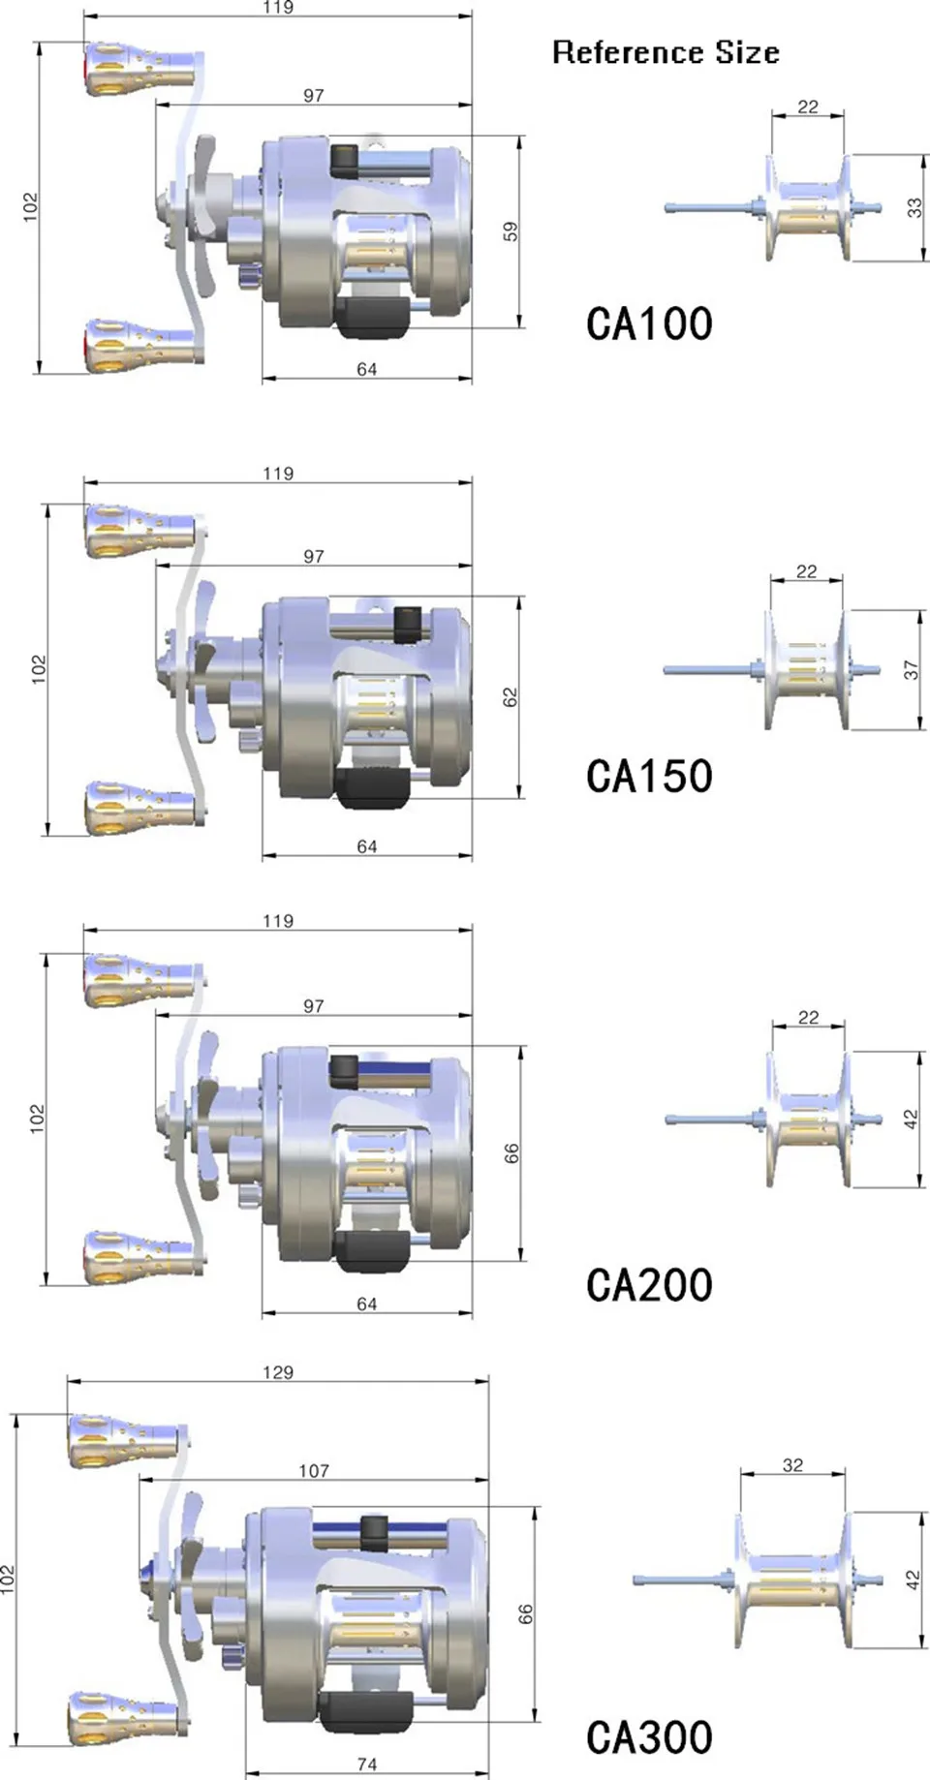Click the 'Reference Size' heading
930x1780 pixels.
pyautogui.click(x=666, y=52)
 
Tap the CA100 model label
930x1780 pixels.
pyautogui.click(x=649, y=323)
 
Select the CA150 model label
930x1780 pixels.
pyautogui.click(x=649, y=776)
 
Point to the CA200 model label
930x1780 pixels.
pyautogui.click(x=649, y=1285)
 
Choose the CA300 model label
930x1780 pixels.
pyautogui.click(x=649, y=1736)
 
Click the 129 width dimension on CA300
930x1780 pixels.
pyautogui.click(x=278, y=1371)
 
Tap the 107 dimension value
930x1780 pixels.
pyautogui.click(x=314, y=1470)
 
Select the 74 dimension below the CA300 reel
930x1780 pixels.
pyautogui.click(x=367, y=1764)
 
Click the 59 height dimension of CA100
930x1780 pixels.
pyautogui.click(x=511, y=231)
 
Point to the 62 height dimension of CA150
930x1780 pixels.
pyautogui.click(x=511, y=697)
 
